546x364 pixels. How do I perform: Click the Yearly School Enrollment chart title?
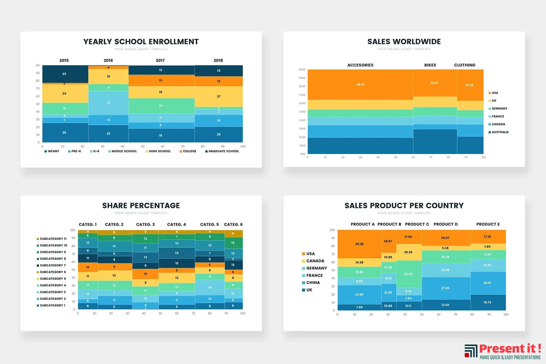point(141,42)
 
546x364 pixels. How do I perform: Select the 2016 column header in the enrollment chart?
point(108,60)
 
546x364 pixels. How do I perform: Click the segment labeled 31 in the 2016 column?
point(108,103)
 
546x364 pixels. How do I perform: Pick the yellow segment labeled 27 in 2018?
point(218,97)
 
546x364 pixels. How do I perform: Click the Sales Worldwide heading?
point(404,42)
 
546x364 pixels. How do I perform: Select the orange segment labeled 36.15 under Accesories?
point(360,85)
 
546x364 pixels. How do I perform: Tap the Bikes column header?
point(430,65)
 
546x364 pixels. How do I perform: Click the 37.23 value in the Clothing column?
point(469,85)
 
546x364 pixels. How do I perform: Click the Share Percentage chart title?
point(141,206)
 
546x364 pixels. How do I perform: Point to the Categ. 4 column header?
point(176,225)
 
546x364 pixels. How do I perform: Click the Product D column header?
point(445,224)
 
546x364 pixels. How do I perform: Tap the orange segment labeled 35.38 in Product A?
point(359,244)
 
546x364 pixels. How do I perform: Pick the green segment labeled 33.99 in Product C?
point(408,274)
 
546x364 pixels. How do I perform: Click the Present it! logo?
point(503,351)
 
